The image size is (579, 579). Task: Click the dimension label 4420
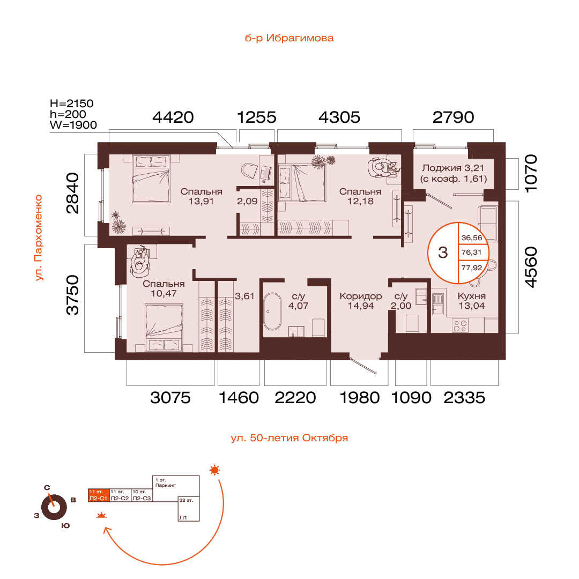click(173, 117)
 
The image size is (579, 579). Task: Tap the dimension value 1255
click(256, 117)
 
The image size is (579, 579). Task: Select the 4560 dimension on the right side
click(531, 267)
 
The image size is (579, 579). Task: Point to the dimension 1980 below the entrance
click(359, 398)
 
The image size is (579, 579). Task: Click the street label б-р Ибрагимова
click(289, 38)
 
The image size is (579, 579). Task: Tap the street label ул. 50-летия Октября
click(289, 438)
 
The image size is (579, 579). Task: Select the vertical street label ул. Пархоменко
click(39, 238)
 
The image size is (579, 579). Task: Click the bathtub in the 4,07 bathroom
click(272, 311)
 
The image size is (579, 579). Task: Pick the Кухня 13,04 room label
click(472, 301)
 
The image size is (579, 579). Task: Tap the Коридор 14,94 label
click(361, 301)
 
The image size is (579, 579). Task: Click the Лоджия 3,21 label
click(454, 173)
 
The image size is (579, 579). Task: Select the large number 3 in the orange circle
click(443, 253)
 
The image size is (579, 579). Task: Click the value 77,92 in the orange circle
click(472, 268)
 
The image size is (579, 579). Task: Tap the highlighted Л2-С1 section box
click(99, 495)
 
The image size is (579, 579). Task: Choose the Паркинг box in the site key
click(176, 488)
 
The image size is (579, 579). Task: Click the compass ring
click(54, 507)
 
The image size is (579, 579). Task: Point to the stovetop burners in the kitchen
click(460, 326)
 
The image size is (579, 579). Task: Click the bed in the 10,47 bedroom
click(164, 327)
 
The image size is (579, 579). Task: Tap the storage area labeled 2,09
click(247, 201)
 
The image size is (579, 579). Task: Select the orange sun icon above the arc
click(214, 470)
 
